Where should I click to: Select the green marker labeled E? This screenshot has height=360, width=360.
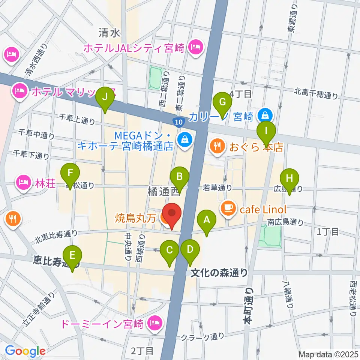coord(73,259)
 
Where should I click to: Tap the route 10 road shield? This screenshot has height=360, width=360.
coord(178,121)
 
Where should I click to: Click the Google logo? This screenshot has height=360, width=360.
coord(25,351)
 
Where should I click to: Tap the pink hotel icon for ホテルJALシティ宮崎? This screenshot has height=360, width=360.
coord(196,48)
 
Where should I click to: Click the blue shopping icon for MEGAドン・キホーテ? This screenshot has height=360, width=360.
coord(184,140)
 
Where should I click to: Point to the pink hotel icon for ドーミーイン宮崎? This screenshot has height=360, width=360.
coord(154,322)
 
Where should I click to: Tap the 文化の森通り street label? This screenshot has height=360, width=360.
coord(219,272)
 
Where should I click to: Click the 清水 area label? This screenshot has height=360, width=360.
coord(109,33)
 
